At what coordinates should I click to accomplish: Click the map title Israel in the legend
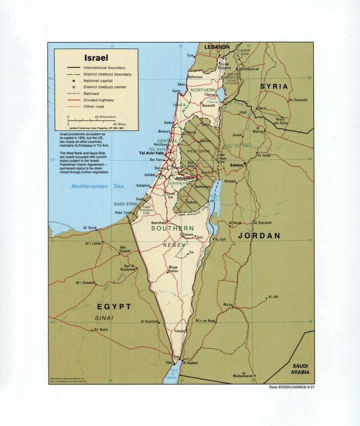[96, 58]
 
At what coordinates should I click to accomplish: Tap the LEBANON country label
[217, 47]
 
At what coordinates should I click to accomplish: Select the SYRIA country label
[275, 86]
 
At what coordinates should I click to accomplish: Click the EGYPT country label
[113, 306]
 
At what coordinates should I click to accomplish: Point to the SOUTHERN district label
[173, 228]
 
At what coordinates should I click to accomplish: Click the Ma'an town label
[228, 305]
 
